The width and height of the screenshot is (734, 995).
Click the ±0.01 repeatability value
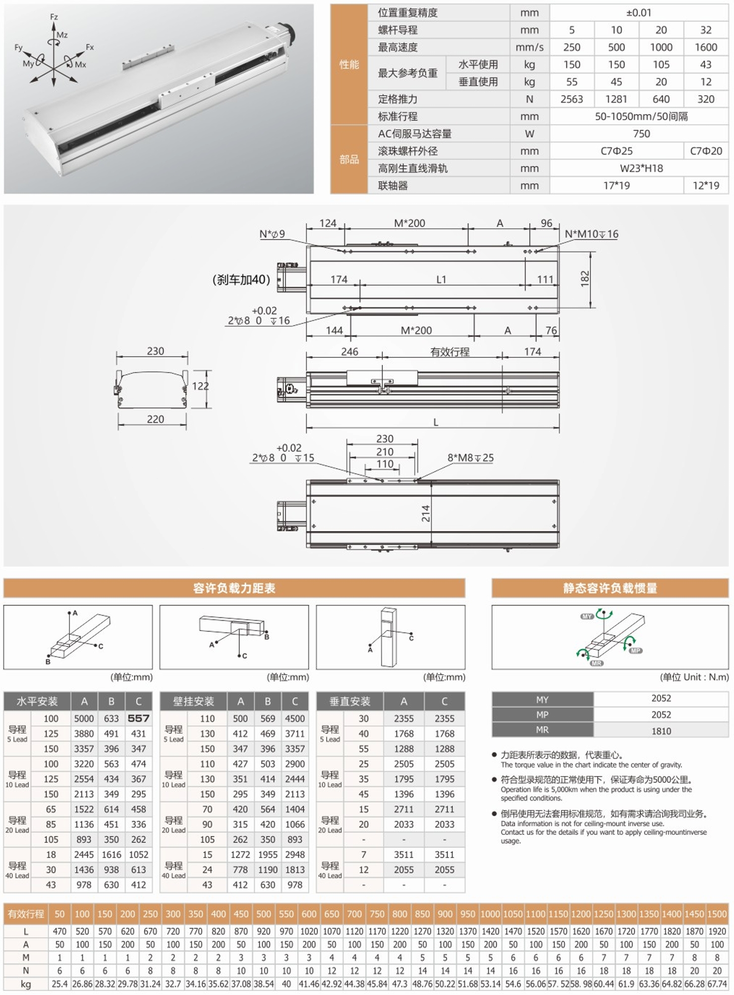[638, 13]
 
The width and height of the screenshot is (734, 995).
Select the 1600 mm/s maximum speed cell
[706, 47]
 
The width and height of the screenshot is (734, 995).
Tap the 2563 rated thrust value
[571, 99]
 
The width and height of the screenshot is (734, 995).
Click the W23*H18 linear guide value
[641, 168]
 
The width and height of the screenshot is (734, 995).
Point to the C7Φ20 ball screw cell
[706, 151]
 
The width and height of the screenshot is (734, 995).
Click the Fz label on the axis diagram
[54, 17]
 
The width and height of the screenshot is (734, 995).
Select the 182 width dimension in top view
[585, 278]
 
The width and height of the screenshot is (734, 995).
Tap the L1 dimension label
[441, 280]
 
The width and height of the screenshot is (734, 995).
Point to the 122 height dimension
[200, 386]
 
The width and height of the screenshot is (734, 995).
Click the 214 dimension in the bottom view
[426, 513]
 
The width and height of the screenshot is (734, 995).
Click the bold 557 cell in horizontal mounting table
[138, 718]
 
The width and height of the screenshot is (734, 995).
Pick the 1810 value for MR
[661, 731]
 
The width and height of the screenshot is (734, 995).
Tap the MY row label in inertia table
[542, 700]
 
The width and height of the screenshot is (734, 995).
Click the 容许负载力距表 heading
[234, 588]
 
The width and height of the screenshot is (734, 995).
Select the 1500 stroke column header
[717, 914]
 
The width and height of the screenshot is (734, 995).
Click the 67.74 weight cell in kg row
[717, 984]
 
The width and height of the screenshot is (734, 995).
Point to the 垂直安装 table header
[350, 701]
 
